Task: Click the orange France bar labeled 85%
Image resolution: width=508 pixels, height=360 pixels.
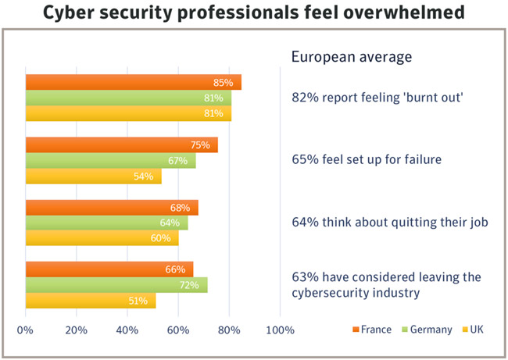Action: point(133,82)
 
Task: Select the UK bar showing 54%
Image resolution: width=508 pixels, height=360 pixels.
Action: point(93,176)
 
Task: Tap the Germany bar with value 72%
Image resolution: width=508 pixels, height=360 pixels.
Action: point(116,284)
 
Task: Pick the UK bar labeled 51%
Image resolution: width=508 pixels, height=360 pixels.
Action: point(91,301)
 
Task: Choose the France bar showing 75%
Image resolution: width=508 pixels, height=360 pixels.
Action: point(121,144)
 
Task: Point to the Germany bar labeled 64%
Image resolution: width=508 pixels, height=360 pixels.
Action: point(106,223)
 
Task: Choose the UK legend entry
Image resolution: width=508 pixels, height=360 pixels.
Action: point(476,330)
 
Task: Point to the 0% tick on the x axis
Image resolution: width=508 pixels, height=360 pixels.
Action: point(26,330)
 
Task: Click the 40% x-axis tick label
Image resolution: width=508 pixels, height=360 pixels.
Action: point(127,330)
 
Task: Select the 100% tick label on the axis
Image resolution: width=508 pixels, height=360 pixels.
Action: point(280,330)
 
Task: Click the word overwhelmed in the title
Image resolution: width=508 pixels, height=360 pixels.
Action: point(387,13)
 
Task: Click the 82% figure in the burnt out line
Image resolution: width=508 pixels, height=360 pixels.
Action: point(302,98)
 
